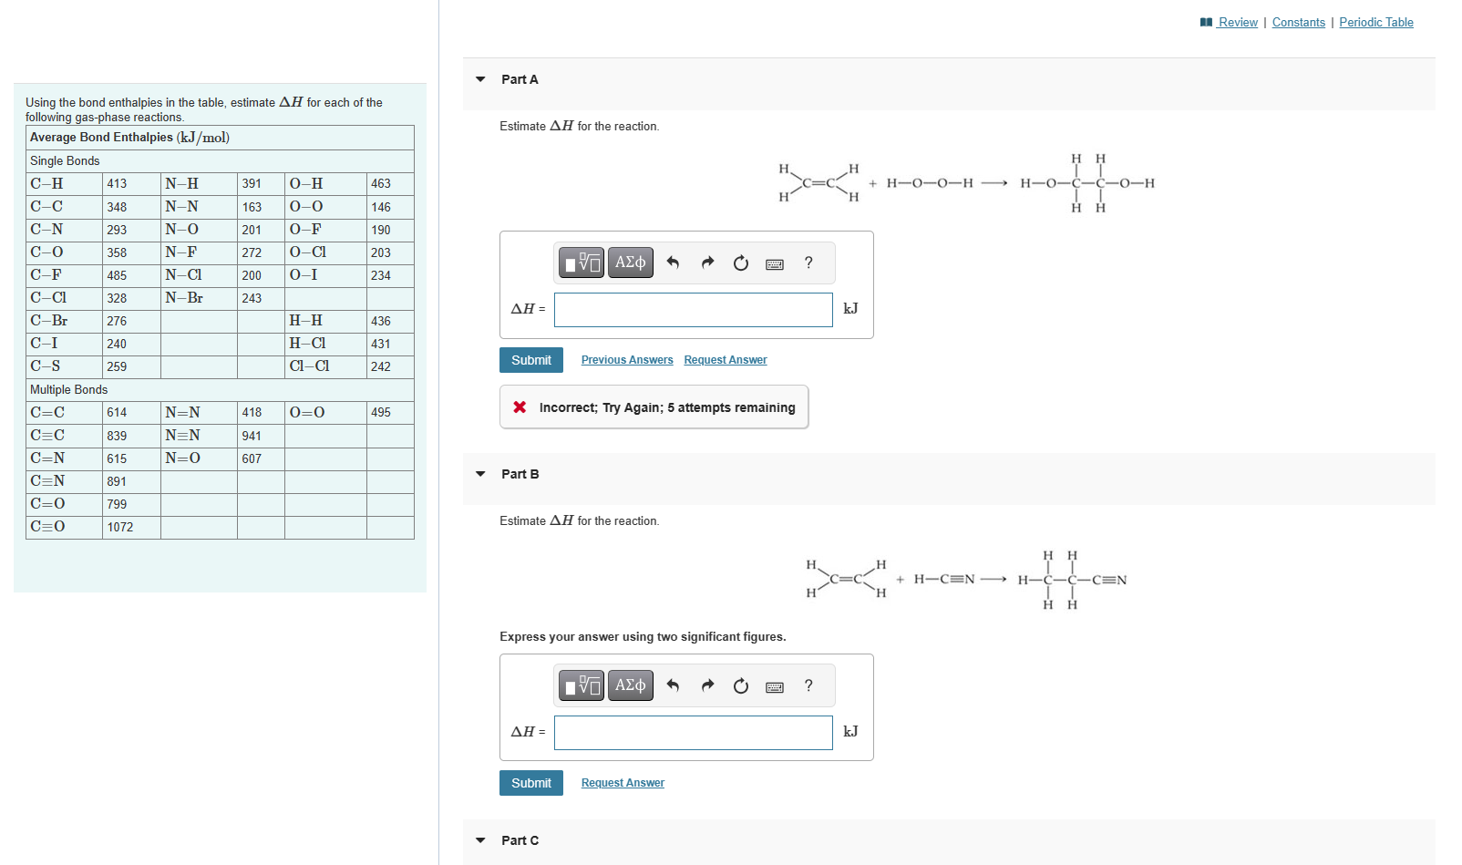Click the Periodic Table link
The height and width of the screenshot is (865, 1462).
(x=1375, y=22)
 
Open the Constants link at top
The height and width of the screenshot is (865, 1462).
(x=1298, y=22)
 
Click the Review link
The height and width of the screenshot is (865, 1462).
(x=1237, y=22)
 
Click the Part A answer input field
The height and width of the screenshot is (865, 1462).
(x=693, y=310)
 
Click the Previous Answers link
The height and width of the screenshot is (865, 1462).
(x=627, y=360)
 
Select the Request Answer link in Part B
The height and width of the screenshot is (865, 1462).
(x=623, y=783)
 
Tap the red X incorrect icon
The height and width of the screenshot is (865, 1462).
(x=520, y=407)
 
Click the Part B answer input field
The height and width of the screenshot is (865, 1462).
(x=693, y=733)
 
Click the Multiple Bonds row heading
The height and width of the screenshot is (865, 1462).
(x=69, y=389)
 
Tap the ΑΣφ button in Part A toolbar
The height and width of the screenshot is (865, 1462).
(x=630, y=263)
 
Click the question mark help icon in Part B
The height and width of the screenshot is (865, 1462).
(x=808, y=685)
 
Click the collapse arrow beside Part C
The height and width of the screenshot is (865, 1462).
(x=480, y=840)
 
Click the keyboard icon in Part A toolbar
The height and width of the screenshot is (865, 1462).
(x=775, y=264)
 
